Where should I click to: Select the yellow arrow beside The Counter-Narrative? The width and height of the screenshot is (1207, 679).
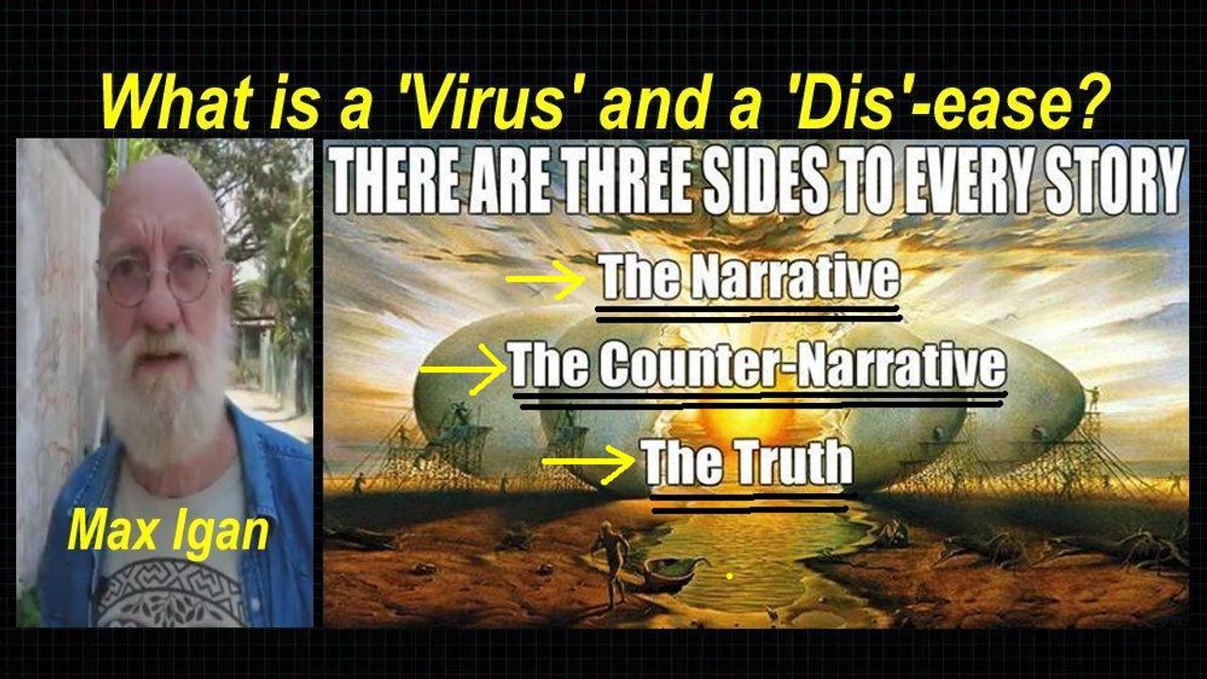(x=463, y=370)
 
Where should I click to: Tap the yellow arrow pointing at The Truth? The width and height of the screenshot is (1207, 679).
(x=588, y=462)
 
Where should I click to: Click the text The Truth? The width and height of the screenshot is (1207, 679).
(x=749, y=462)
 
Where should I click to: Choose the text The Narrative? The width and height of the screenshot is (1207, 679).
(x=750, y=276)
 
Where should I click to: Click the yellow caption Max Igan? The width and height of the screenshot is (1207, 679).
(x=168, y=531)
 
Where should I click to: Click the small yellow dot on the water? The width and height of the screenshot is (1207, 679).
(x=730, y=576)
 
